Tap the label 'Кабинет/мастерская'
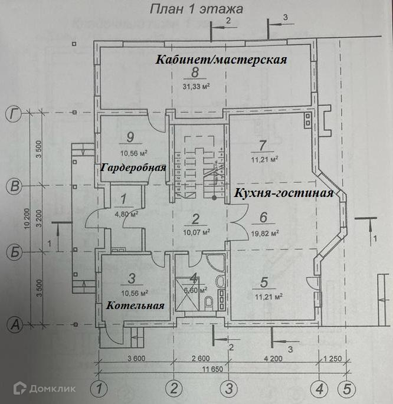(221, 60)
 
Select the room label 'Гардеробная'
(133, 167)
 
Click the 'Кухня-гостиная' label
(284, 193)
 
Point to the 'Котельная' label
(135, 306)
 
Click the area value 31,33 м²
(196, 87)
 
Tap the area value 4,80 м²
(125, 214)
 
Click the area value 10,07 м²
(196, 232)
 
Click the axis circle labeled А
(14, 324)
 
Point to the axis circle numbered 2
(173, 388)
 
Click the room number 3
(133, 278)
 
